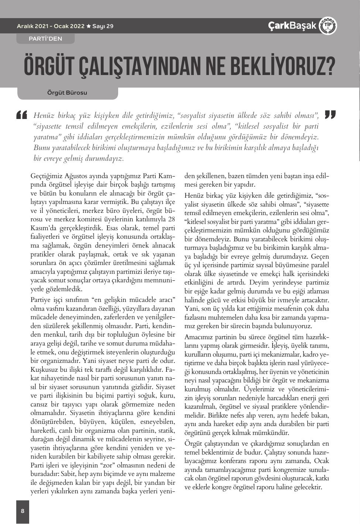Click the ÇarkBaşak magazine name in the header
292,26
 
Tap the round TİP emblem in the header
327,26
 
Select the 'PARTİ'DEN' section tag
45,38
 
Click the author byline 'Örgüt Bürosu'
67,92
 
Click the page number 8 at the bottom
23,511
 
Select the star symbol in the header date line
88,26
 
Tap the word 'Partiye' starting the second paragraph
42,299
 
